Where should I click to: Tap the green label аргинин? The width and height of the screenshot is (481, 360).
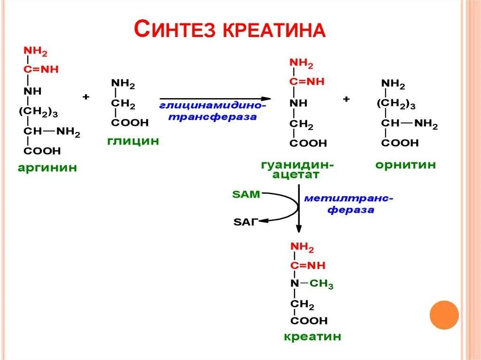coord(47,168)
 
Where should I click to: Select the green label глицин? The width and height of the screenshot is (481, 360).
coord(133,141)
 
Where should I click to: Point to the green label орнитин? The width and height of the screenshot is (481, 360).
coord(405,165)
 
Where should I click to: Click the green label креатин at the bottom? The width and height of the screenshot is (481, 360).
coord(312,337)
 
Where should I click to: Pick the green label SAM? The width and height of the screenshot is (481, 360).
coord(246,194)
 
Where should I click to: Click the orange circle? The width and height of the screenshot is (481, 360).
coord(444,314)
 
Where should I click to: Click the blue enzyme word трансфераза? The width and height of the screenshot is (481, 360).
coord(212,117)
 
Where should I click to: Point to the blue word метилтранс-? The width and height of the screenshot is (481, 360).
coord(349,198)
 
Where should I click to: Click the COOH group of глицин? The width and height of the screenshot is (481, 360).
coord(130,123)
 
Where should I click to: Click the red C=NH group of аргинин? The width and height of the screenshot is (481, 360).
coord(41,69)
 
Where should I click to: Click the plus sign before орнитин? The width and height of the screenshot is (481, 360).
coord(346,99)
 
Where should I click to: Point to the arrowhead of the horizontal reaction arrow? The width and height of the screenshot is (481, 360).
coord(266,99)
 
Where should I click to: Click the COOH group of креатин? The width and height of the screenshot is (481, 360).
coord(309,321)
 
